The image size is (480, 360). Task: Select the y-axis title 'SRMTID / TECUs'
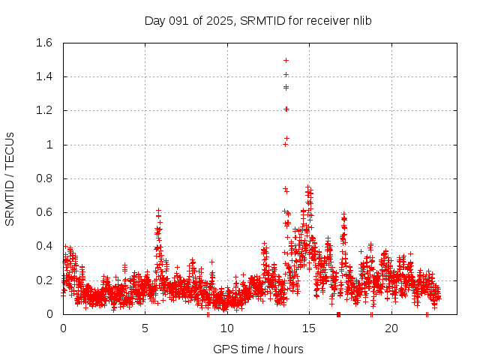click(10, 178)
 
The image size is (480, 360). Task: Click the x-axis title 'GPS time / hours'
click(258, 349)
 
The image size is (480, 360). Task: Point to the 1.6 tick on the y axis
click(44, 43)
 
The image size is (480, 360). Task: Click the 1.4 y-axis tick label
click(44, 76)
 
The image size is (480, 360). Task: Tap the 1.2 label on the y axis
click(44, 110)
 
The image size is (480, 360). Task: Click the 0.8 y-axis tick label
click(44, 178)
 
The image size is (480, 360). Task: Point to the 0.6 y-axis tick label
click(44, 212)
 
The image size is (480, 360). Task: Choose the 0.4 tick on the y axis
click(44, 246)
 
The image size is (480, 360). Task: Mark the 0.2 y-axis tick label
click(44, 280)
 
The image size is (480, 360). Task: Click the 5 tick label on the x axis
click(145, 328)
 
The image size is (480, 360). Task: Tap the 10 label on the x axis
click(227, 328)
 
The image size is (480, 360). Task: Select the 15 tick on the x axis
click(309, 328)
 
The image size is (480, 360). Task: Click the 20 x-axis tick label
click(391, 328)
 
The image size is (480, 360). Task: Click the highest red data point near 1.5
click(286, 60)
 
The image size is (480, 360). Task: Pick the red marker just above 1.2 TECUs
click(286, 109)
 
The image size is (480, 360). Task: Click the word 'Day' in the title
click(154, 20)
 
